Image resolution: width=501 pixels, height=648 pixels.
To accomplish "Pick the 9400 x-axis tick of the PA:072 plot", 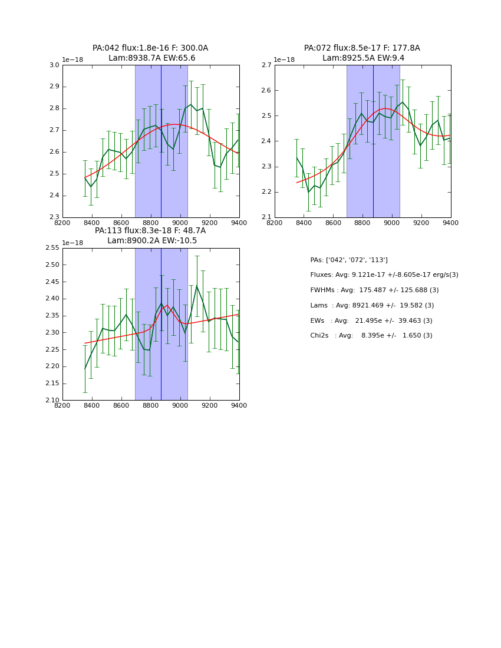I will coord(451,223).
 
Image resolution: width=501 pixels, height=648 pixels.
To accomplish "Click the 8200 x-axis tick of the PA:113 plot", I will coord(62,405).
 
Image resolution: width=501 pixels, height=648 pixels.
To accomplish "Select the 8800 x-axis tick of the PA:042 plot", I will coord(151,223).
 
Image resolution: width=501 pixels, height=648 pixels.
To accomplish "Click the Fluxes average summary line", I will coord(384,275).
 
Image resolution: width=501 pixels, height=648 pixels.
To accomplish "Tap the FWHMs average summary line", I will coord(374,290).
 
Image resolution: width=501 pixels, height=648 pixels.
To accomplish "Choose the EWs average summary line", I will coord(371,321).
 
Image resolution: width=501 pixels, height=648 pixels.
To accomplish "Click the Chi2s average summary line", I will coord(371,336).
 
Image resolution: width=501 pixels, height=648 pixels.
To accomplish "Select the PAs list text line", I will coord(349,260).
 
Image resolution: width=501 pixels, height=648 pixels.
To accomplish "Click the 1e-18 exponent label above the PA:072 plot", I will coord(284,60).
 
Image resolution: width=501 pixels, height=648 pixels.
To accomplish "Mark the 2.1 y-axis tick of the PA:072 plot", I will coord(266,217).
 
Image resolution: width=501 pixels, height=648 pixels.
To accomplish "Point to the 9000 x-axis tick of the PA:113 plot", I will coord(180,405).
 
